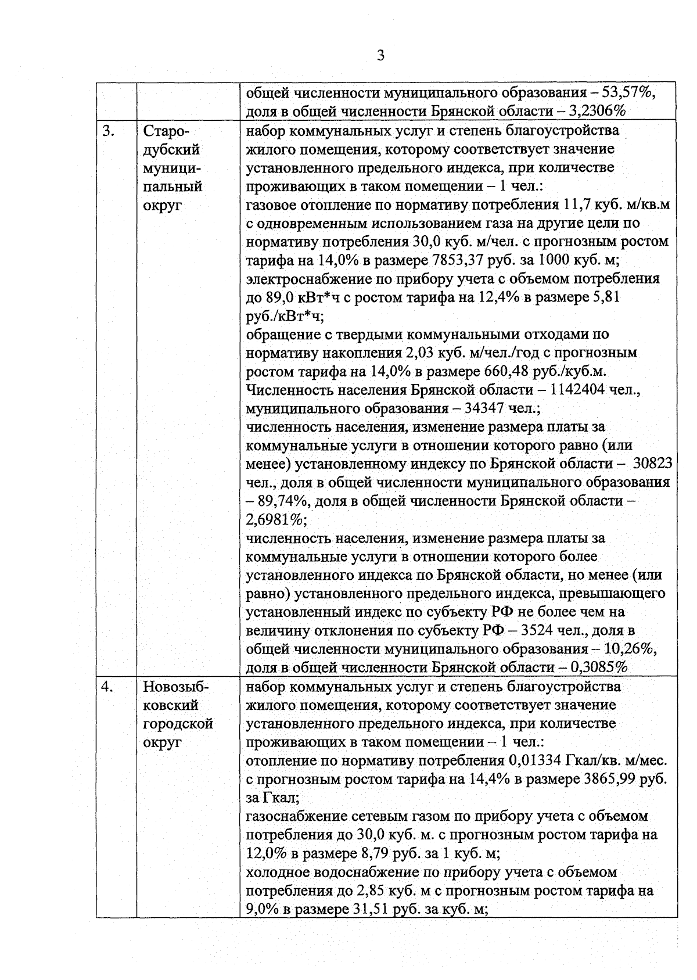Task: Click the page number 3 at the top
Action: tap(380, 56)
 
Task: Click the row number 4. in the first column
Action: tap(108, 687)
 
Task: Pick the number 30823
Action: tap(653, 464)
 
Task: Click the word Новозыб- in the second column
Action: tap(175, 687)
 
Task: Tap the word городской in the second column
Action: tap(178, 724)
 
